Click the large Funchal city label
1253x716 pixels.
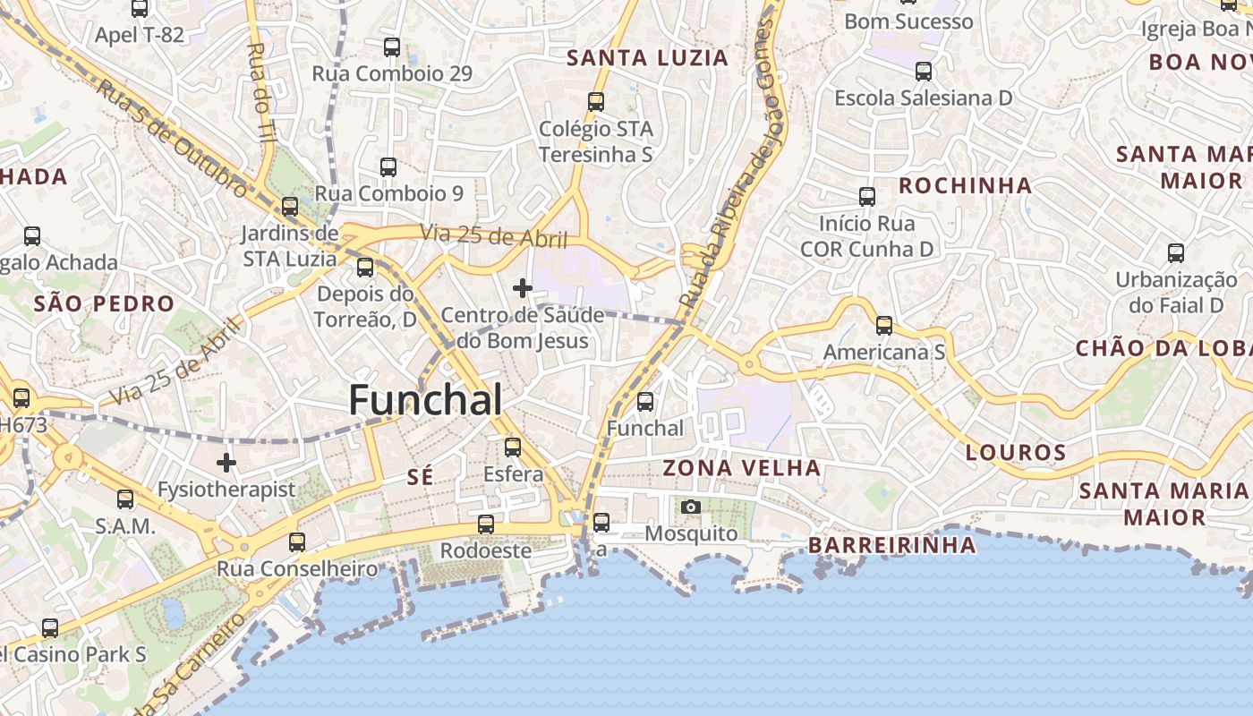(425, 400)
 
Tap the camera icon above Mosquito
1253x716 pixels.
(690, 507)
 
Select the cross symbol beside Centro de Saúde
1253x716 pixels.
(523, 288)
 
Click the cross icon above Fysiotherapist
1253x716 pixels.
(226, 463)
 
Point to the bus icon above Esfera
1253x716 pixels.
(513, 447)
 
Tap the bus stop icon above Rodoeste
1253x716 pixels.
(486, 524)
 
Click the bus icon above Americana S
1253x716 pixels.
(884, 326)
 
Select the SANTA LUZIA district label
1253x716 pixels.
(648, 58)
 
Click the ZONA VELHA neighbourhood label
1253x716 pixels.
(741, 468)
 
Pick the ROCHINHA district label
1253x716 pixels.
(965, 186)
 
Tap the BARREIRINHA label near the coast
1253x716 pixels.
(891, 545)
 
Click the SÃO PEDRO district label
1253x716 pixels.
(104, 303)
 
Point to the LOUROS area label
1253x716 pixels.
(1016, 453)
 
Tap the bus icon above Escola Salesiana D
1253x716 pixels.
(924, 72)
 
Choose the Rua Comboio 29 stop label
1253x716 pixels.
(392, 73)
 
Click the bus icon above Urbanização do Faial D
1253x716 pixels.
(1176, 253)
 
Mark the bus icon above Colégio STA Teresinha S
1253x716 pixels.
(596, 102)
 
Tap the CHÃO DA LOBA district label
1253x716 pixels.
(1163, 349)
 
